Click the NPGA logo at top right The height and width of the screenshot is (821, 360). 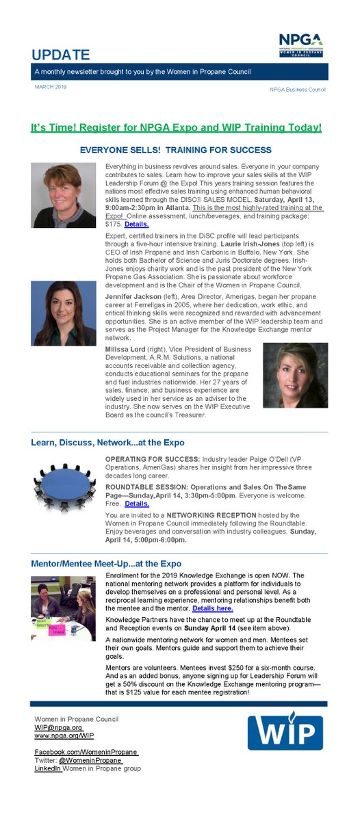[x=300, y=44]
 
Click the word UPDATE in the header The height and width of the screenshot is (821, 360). [x=61, y=55]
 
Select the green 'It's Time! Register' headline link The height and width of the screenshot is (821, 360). [x=176, y=127]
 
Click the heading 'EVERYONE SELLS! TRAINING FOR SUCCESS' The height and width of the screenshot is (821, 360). [x=176, y=150]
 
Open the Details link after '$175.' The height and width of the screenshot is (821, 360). [x=136, y=224]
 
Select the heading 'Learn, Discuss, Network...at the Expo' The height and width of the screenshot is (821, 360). [x=107, y=443]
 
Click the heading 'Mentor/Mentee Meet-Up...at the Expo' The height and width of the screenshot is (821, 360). [x=106, y=563]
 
